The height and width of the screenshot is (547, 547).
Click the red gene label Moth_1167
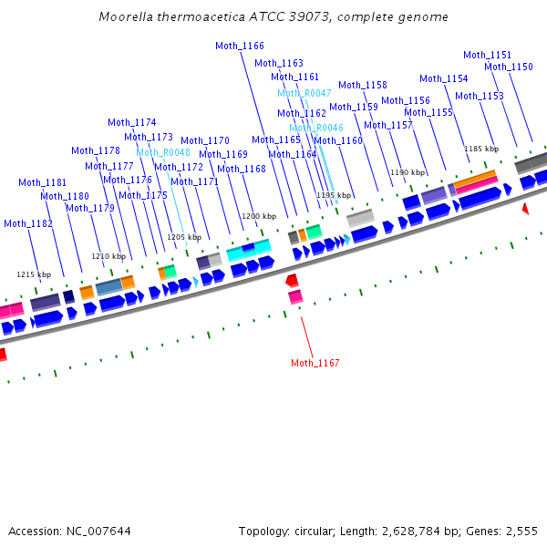pos(315,363)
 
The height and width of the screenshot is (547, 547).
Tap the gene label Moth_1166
pos(240,46)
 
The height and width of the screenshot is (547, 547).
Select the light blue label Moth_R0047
pos(304,93)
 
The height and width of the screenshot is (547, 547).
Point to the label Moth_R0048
pos(163,152)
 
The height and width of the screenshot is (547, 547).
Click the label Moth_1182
pos(28,223)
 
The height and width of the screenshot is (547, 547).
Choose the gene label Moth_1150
pos(509,67)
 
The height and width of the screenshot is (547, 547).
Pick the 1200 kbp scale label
pos(257,216)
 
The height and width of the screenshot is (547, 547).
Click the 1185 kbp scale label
pos(481,149)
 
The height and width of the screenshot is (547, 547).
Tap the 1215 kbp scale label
pos(34,273)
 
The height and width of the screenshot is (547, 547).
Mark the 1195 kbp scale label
pos(333,195)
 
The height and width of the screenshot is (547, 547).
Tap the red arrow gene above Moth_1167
pos(292,280)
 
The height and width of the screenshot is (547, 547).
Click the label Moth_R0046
pos(316,128)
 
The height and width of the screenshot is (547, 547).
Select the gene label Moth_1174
pos(132,122)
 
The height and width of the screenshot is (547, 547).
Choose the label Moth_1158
pos(363,85)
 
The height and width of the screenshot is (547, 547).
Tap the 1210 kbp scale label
pos(108,256)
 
